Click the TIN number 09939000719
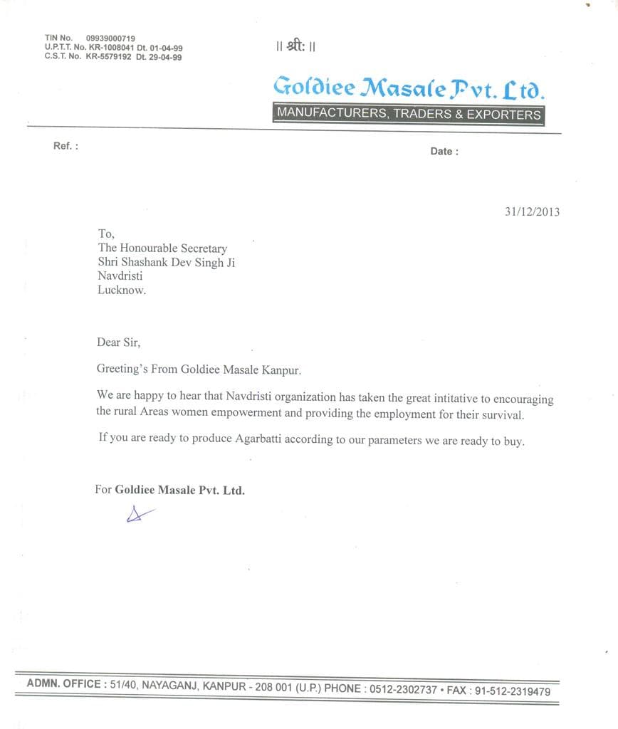110,38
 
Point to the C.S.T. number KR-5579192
109,57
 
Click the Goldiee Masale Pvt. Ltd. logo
409,88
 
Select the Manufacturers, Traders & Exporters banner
409,114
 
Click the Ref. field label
65,146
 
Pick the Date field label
444,151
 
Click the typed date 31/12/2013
532,211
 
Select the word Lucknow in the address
121,290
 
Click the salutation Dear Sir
119,342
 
